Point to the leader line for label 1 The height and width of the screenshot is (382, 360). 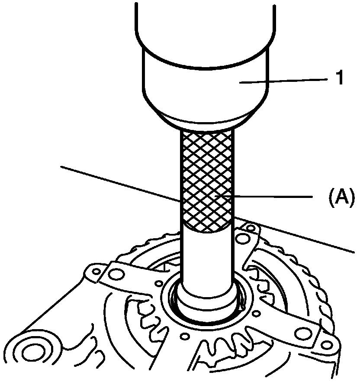click(x=286, y=80)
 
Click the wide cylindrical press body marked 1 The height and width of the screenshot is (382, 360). click(x=203, y=82)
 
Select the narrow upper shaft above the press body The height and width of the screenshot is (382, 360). click(x=203, y=22)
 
